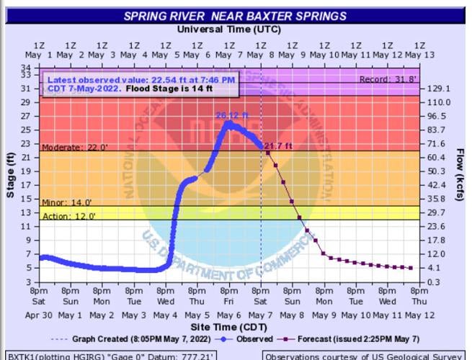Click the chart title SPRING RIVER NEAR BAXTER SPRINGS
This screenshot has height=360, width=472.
[235, 16]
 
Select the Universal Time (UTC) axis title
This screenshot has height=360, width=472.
[228, 30]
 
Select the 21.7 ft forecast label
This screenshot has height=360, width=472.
[278, 147]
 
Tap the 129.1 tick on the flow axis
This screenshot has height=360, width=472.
[437, 89]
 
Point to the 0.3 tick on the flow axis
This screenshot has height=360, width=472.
[433, 282]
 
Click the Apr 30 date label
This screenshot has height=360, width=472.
[39, 315]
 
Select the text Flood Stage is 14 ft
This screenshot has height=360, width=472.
[169, 90]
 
